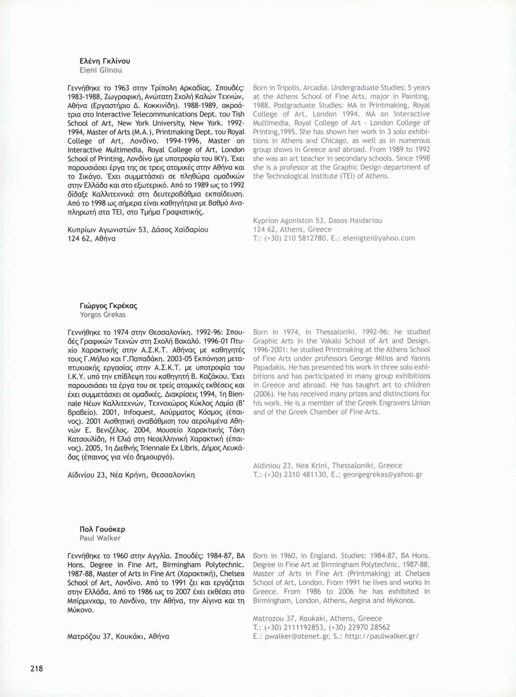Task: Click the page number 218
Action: tap(37, 668)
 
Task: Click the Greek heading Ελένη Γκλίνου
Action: tap(105, 61)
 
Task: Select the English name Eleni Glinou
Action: tap(100, 70)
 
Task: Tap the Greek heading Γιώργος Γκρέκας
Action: tap(108, 306)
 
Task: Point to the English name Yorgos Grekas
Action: tap(103, 315)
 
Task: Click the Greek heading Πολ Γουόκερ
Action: tap(102, 529)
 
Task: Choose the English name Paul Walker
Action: tap(100, 538)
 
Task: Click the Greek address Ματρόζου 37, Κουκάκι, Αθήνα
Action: tap(118, 636)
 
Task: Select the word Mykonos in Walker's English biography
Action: tap(401, 600)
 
